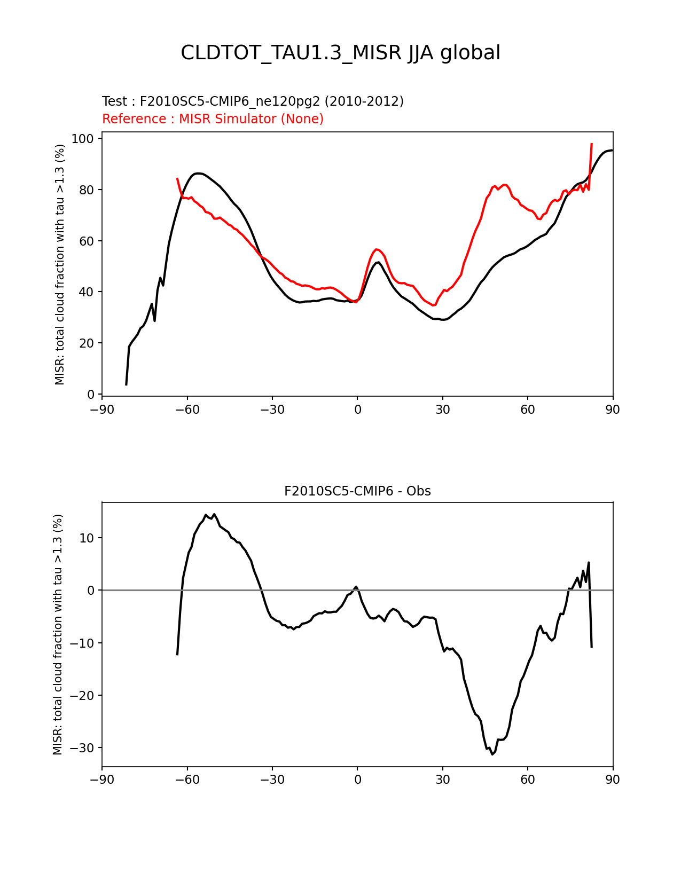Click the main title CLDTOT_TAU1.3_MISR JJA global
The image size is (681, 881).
pyautogui.click(x=340, y=53)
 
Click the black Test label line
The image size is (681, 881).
pyautogui.click(x=253, y=101)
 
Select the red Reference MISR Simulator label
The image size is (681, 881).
pyautogui.click(x=213, y=119)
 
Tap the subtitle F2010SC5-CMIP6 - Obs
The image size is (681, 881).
pyautogui.click(x=357, y=491)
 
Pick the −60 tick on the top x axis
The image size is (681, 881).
pyautogui.click(x=187, y=410)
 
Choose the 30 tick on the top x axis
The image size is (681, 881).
pyautogui.click(x=443, y=410)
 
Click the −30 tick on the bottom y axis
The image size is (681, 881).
pyautogui.click(x=85, y=748)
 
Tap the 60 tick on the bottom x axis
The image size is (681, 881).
pyautogui.click(x=528, y=780)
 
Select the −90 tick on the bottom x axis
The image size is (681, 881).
pyautogui.click(x=102, y=780)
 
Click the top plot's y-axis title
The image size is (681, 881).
pyautogui.click(x=60, y=264)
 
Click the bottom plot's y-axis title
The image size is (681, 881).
pyautogui.click(x=58, y=634)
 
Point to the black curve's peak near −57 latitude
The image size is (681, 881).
pyautogui.click(x=198, y=173)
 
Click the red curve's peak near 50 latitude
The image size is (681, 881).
pyautogui.click(x=505, y=185)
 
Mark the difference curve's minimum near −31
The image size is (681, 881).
pyautogui.click(x=492, y=754)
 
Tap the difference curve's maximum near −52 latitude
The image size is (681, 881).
pyautogui.click(x=214, y=514)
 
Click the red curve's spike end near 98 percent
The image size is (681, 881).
pyautogui.click(x=592, y=144)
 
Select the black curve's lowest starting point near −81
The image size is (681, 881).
pyautogui.click(x=126, y=384)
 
